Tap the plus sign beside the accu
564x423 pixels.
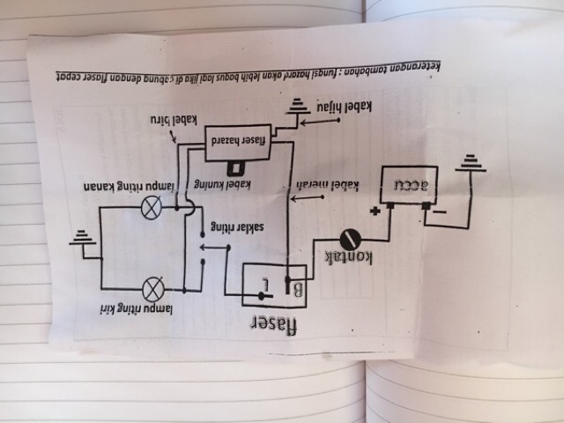click(x=376, y=211)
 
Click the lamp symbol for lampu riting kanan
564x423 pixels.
click(x=152, y=208)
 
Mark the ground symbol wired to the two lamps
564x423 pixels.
click(x=83, y=239)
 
